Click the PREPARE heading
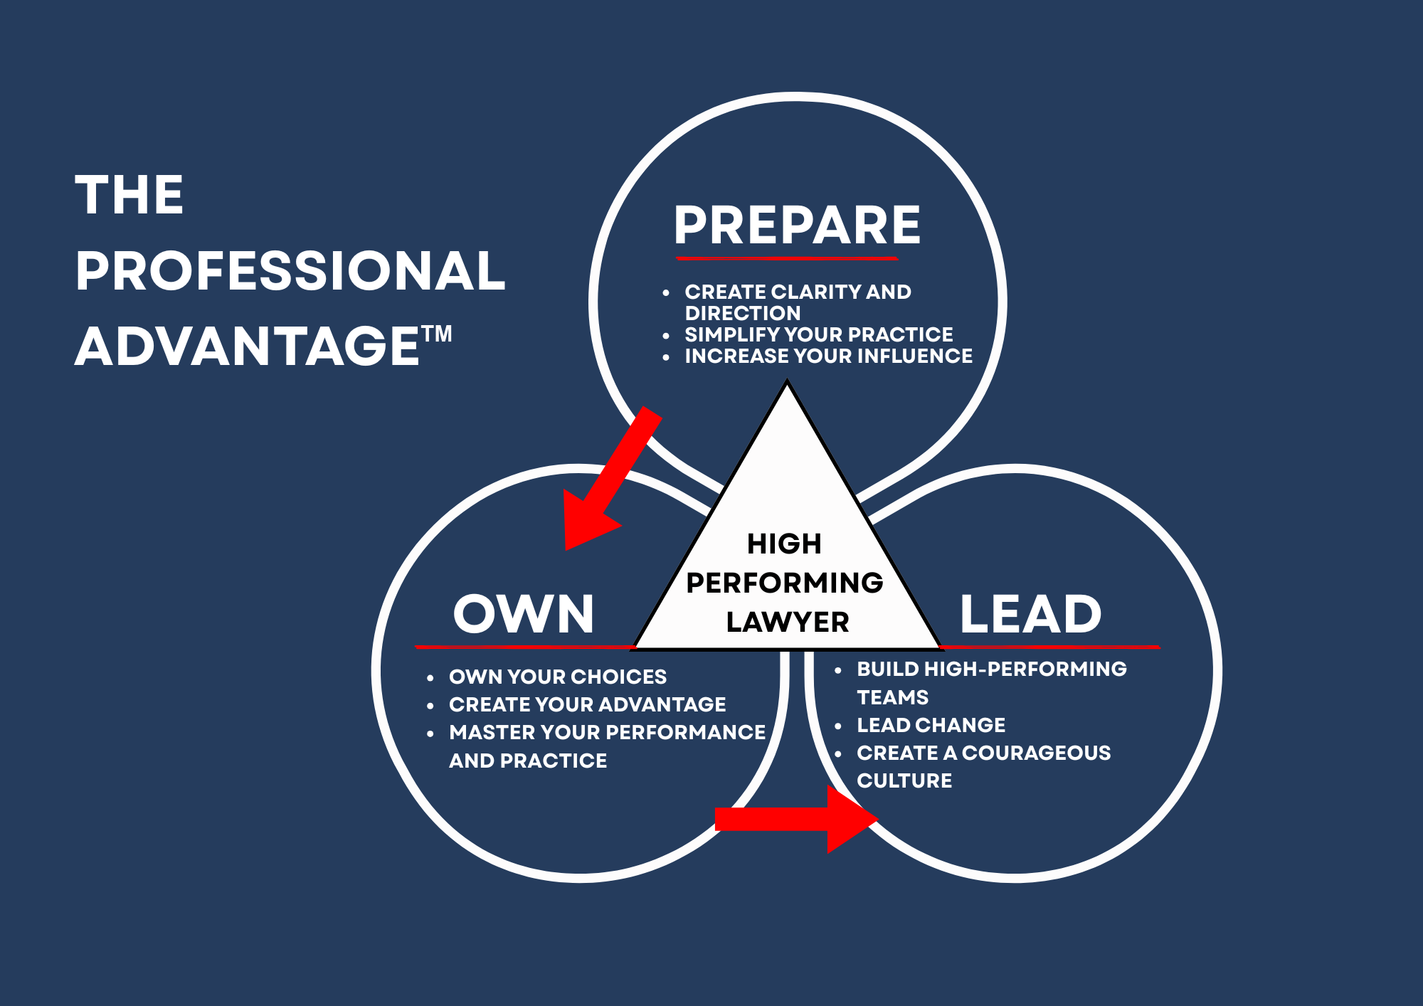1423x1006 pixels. coord(798,225)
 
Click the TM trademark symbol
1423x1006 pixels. coord(436,334)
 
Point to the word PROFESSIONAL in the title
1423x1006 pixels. coord(290,270)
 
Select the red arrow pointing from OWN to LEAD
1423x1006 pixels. coord(796,819)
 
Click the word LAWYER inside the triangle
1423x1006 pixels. coord(788,622)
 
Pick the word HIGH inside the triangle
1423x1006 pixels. coord(784,544)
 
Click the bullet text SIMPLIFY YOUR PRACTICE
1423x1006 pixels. coord(819,334)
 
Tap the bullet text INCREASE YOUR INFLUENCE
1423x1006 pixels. coord(829,356)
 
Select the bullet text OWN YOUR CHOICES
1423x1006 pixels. coord(558,677)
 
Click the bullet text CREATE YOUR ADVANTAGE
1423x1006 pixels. coord(588,704)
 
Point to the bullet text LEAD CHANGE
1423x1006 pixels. coord(931,725)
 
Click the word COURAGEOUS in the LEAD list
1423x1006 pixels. coord(1036,753)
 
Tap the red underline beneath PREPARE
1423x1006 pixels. coord(787,258)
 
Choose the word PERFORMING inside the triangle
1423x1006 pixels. coord(785,583)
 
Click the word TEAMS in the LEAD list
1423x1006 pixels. coord(893,697)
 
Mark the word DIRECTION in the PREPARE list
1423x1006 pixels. coord(743,313)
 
